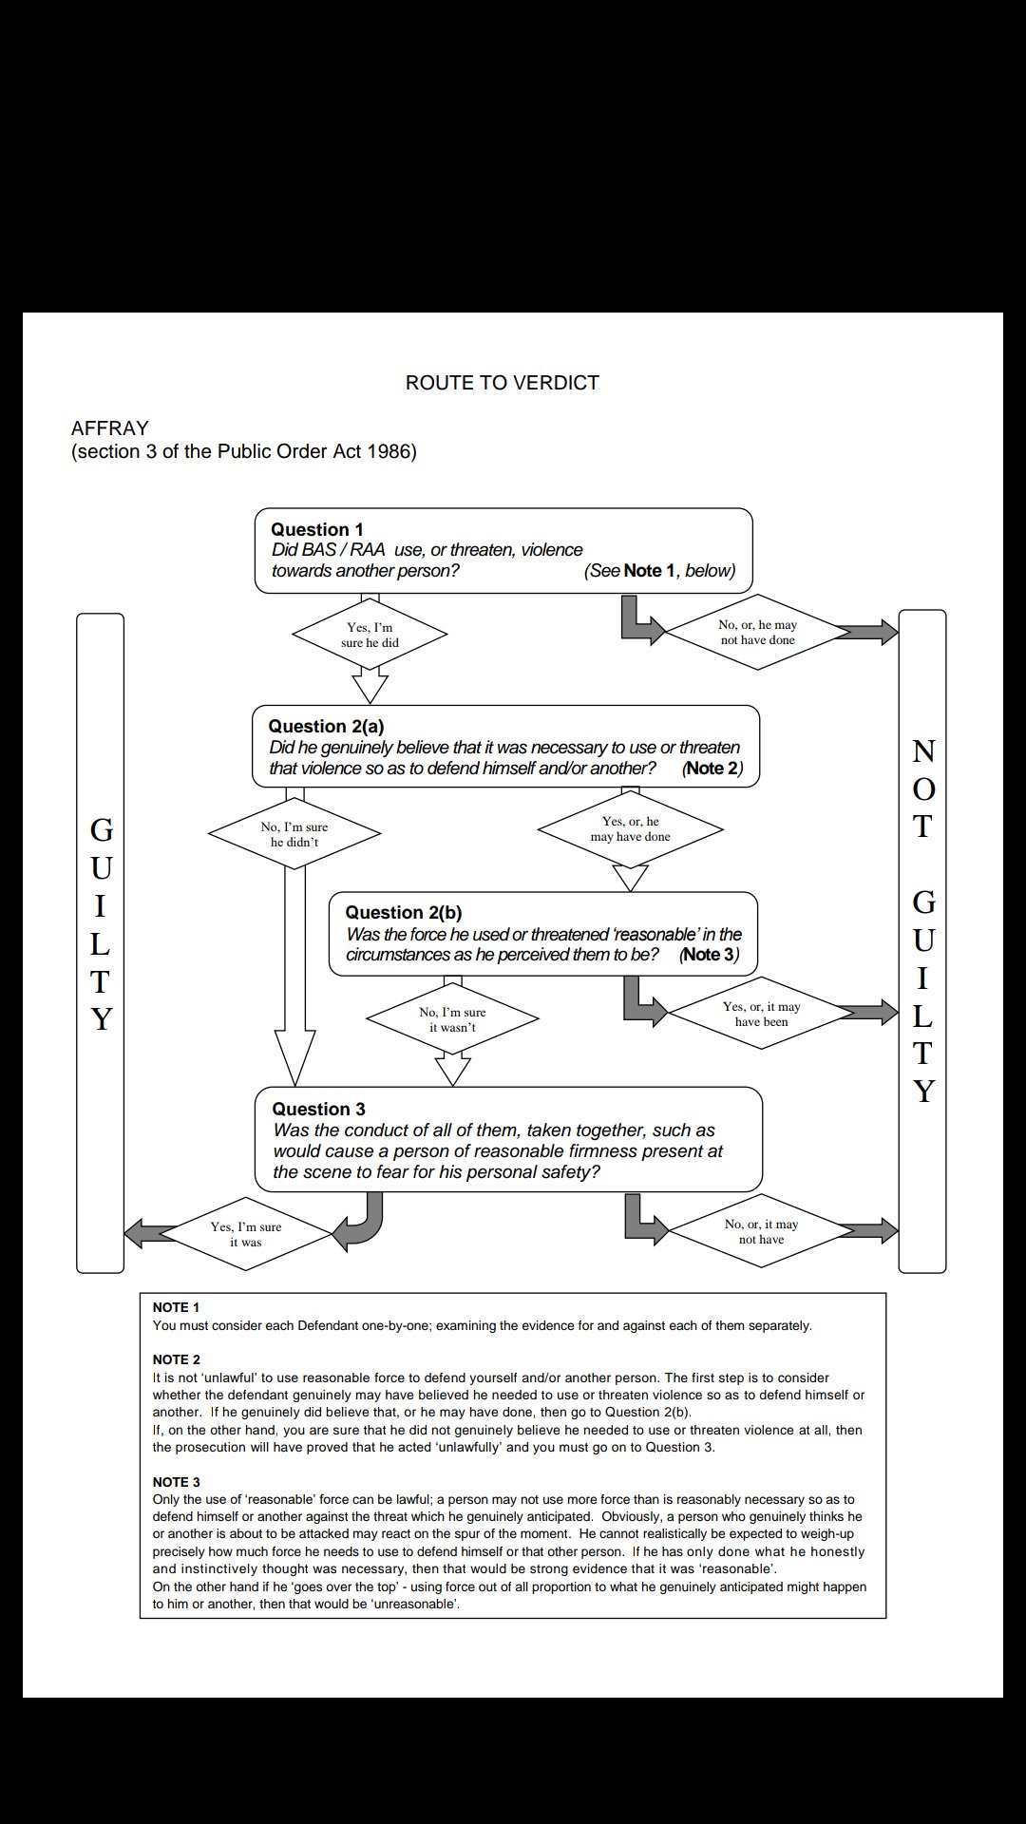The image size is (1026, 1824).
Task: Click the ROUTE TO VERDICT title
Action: [502, 383]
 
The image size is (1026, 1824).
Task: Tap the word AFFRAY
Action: [110, 428]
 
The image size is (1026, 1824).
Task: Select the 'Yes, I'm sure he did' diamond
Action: [370, 635]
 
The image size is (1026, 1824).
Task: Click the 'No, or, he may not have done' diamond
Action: [757, 633]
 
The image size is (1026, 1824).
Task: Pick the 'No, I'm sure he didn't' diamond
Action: [294, 834]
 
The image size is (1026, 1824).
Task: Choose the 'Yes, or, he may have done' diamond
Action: [630, 829]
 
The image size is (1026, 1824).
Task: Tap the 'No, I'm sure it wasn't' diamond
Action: [452, 1019]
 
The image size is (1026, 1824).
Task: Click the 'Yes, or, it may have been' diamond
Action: [761, 1014]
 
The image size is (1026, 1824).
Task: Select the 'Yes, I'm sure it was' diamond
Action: [245, 1234]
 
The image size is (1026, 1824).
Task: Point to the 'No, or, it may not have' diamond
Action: [761, 1231]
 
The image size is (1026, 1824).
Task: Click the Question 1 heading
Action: [317, 530]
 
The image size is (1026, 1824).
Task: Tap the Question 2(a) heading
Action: [326, 727]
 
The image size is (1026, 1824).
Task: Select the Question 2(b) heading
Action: [403, 913]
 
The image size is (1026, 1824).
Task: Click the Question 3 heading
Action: [318, 1110]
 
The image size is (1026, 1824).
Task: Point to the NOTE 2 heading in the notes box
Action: [177, 1359]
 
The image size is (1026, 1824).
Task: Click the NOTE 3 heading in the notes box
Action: [177, 1482]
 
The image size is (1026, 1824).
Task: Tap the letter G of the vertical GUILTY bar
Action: [101, 830]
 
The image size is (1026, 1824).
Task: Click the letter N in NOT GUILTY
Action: [922, 751]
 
